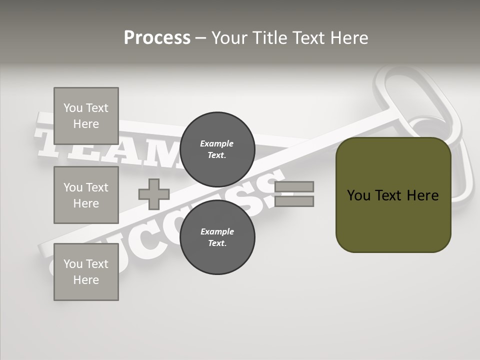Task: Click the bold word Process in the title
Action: point(157,38)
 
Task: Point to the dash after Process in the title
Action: point(200,38)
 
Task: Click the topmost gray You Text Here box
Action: point(86,116)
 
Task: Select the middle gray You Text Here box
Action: point(86,195)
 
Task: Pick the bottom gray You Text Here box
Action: point(86,272)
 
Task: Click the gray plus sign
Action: point(154,194)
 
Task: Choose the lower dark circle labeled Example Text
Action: point(217,237)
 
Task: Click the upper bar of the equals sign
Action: point(294,186)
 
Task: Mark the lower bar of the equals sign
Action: point(294,201)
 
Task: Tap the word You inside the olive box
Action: point(358,195)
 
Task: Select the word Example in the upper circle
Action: point(217,143)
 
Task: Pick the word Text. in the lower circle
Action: point(217,243)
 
